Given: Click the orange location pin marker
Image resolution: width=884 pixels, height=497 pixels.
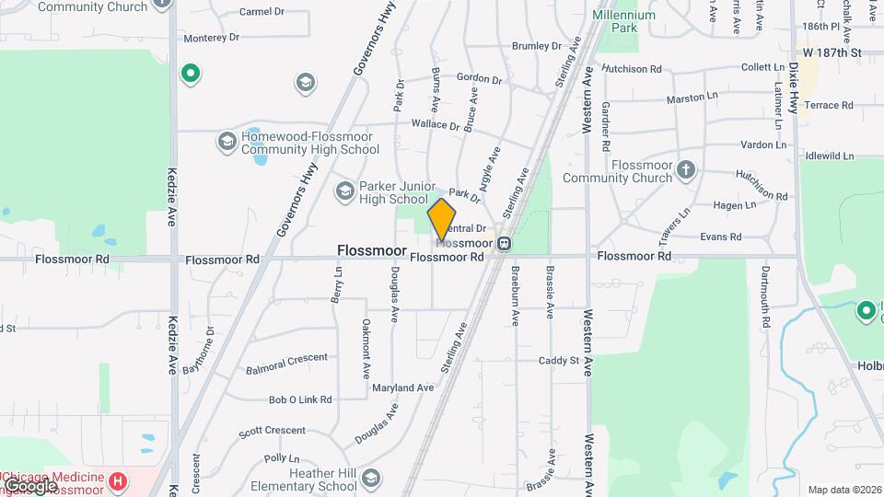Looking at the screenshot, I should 442,220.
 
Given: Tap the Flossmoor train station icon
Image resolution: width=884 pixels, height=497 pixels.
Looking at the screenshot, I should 504,244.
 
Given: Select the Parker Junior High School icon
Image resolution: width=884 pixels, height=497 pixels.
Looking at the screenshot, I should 344,191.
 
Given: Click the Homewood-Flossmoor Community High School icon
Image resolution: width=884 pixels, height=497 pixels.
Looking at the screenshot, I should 227,142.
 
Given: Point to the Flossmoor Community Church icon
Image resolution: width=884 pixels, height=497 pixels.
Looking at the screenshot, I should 685,169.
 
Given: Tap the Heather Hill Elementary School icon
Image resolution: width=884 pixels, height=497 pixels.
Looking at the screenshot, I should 370,478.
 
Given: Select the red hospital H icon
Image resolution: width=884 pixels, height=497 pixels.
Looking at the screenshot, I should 118,480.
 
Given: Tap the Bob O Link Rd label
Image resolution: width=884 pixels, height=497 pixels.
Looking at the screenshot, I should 300,399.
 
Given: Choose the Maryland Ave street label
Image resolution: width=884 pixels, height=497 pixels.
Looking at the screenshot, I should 402,387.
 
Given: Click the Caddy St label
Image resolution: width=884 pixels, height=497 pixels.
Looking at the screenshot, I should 559,361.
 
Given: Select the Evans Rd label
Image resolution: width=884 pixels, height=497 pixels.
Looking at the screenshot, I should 720,237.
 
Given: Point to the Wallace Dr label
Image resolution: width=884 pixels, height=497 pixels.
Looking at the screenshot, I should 435,124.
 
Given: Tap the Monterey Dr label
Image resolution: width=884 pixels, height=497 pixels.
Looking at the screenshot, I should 211,38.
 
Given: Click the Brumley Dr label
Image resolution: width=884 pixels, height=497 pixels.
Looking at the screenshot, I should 536,45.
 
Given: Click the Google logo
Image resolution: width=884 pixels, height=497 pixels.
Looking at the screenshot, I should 30,484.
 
